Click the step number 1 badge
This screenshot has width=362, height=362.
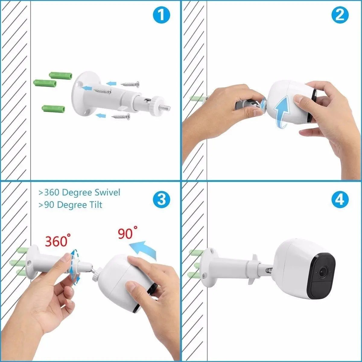pos(161,15)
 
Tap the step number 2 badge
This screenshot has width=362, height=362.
pos(340,15)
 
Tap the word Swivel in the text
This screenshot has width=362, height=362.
pos(107,192)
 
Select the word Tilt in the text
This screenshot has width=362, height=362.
pos(95,205)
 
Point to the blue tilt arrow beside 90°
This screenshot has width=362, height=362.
pos(145,249)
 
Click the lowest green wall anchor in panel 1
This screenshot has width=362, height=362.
pos(54,108)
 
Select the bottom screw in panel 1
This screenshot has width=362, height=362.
pos(121,116)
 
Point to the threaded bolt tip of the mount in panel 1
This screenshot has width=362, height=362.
pos(167,107)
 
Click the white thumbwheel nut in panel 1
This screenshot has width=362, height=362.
pos(157,103)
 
